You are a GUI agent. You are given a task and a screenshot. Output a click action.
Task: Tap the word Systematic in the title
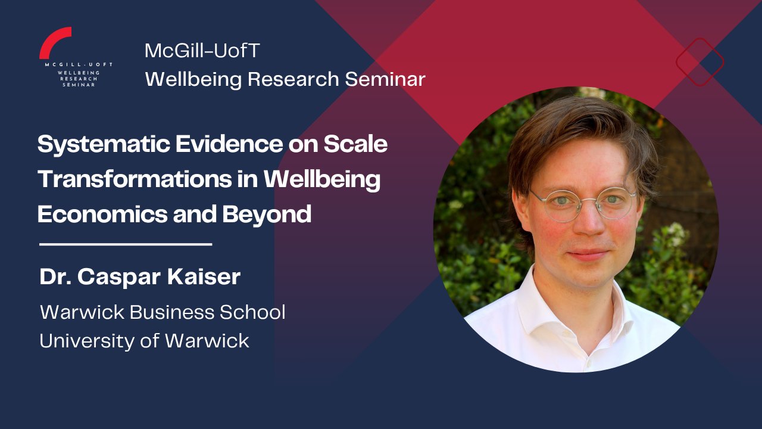[x=104, y=145]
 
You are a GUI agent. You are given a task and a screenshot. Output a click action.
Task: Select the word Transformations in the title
[x=135, y=179]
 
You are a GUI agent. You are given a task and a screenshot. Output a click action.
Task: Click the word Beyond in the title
[x=267, y=215]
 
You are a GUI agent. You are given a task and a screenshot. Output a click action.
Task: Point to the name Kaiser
[x=204, y=276]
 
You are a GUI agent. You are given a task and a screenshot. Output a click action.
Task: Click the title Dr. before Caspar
[x=55, y=276]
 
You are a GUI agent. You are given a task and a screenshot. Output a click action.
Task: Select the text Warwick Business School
[x=163, y=312]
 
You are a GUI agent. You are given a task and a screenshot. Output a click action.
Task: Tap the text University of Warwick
[x=144, y=341]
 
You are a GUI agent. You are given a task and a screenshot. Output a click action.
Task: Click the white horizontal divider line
[x=126, y=244]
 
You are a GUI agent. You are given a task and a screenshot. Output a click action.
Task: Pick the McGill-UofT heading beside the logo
[x=202, y=51]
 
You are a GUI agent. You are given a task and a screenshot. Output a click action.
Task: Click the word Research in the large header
[x=293, y=79]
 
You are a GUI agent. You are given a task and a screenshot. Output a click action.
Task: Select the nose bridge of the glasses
[x=588, y=200]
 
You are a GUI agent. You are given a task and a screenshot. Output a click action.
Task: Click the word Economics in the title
[x=102, y=214]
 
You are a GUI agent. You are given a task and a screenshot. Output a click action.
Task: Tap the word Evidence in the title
[x=229, y=144]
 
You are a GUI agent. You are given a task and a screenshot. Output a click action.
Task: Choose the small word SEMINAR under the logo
[x=79, y=85]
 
